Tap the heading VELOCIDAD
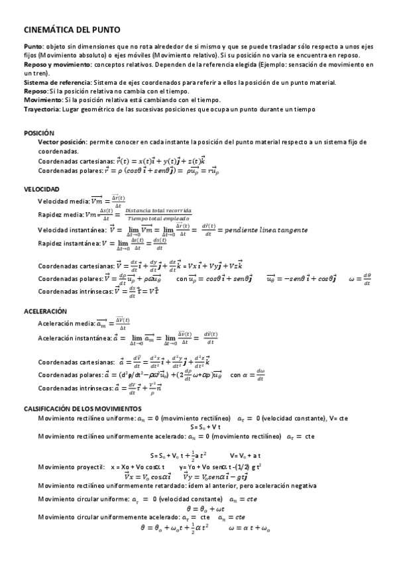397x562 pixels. (x=41, y=189)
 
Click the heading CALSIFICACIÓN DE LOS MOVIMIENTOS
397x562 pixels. (x=82, y=409)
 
